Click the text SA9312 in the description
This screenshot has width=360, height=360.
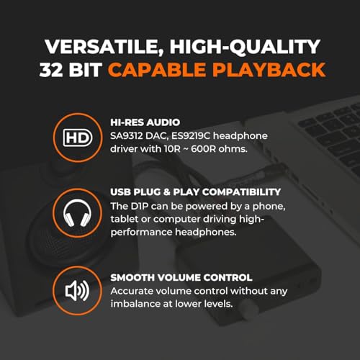point(130,135)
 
